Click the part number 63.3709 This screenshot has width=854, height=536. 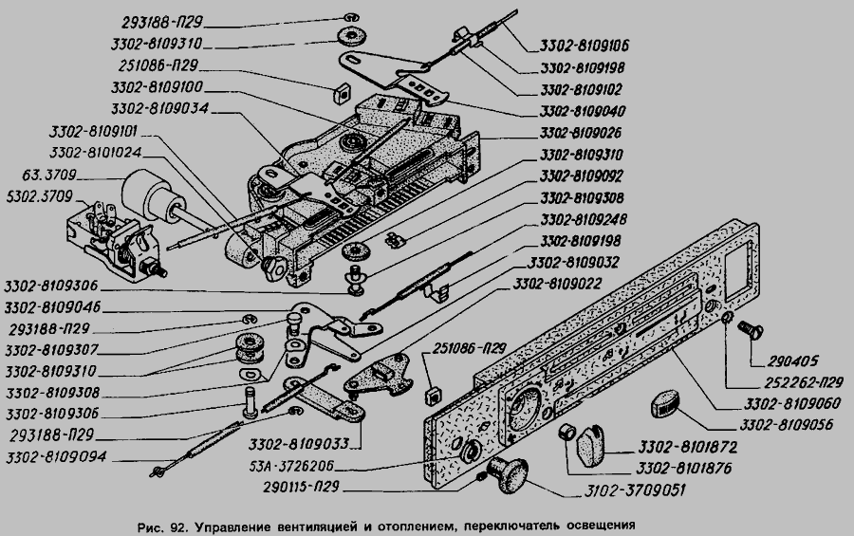coord(49,176)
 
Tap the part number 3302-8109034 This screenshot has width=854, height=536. coord(159,109)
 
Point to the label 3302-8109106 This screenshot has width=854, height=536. coord(585,46)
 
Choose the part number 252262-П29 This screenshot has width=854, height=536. coord(804,383)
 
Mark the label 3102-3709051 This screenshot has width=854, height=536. coord(635,490)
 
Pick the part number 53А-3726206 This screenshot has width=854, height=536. coord(291,467)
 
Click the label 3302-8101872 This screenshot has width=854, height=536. coord(688,447)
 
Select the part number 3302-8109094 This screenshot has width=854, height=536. coord(56,457)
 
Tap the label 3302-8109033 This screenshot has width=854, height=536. coord(299,444)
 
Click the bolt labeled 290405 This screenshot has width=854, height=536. coord(750,330)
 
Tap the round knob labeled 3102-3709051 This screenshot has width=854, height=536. coord(508,475)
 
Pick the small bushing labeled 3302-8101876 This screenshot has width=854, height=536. coord(567,432)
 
